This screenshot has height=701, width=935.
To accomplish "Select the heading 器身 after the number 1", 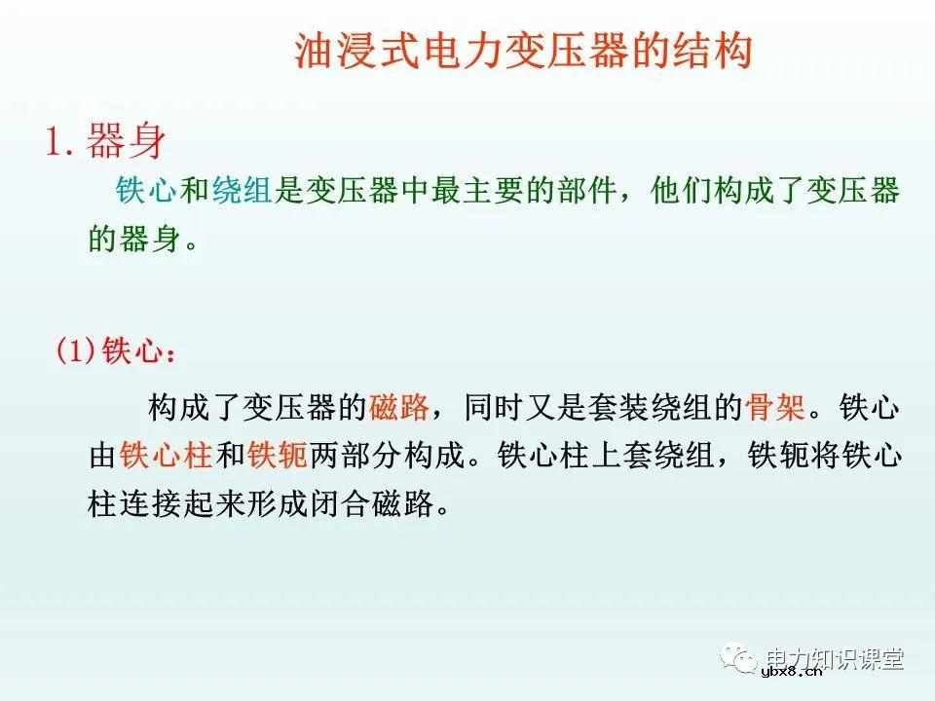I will pos(126,142).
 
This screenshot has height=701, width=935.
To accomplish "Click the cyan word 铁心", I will pos(146,191).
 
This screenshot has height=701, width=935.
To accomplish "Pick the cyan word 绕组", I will pos(241,191).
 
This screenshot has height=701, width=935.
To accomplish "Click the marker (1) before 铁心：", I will pos(76,351).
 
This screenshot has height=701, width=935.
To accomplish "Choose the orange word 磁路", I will pos(399,407).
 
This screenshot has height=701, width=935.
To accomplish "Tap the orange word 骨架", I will pos(776,407).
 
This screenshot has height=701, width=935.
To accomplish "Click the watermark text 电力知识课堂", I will pos(835,656).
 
